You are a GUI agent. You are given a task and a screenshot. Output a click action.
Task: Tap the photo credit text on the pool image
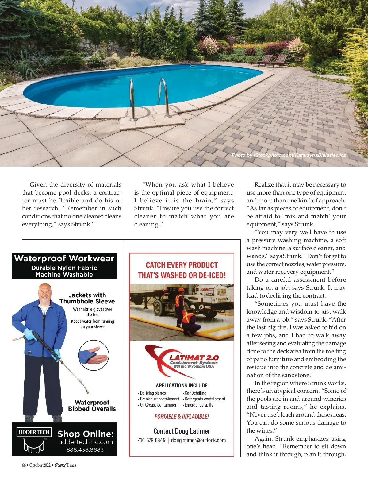pyautogui.click(x=289, y=155)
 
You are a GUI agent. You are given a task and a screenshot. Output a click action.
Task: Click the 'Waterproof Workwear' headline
pyautogui.click(x=64, y=258)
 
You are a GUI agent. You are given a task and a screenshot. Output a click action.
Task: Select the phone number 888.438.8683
pyautogui.click(x=85, y=450)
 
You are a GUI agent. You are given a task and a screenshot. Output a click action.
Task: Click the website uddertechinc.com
pyautogui.click(x=86, y=442)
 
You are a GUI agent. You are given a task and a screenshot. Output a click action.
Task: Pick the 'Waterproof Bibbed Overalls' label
pyautogui.click(x=92, y=406)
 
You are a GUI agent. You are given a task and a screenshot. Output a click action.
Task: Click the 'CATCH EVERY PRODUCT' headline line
pyautogui.click(x=182, y=265)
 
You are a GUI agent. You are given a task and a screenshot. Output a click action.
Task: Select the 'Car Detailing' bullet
pyautogui.click(x=195, y=393)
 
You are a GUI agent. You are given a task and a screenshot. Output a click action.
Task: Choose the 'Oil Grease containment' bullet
pyautogui.click(x=159, y=405)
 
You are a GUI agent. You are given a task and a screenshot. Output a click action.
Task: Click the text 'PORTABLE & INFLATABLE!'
pyautogui.click(x=182, y=417)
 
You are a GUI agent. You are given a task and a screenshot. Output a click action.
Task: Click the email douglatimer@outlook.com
pyautogui.click(x=198, y=441)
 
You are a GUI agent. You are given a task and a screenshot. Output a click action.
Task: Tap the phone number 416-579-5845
pyautogui.click(x=151, y=441)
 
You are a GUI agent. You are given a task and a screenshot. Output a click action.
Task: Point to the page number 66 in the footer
pyautogui.click(x=24, y=465)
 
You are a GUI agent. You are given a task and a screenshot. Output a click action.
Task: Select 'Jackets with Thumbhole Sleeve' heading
pyautogui.click(x=87, y=298)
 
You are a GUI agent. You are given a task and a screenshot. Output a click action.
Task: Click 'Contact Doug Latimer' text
pyautogui.click(x=182, y=431)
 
